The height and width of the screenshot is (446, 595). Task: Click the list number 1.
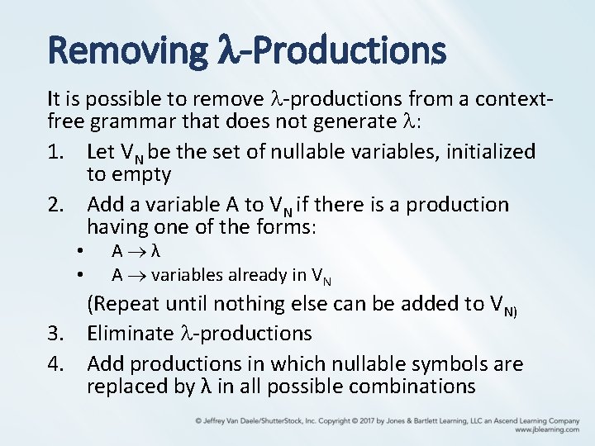click(x=55, y=152)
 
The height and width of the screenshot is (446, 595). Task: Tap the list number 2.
click(x=55, y=204)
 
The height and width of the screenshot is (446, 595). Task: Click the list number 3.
click(x=55, y=334)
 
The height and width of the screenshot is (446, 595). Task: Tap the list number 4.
click(x=55, y=363)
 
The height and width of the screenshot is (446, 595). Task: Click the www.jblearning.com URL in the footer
click(x=547, y=430)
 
